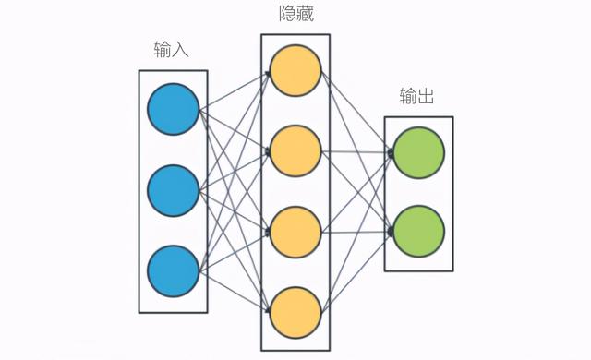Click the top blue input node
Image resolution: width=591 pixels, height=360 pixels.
[x=173, y=110]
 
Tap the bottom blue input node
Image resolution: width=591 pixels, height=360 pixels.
[x=173, y=271]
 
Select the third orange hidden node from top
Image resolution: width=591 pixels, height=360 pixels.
[x=295, y=232]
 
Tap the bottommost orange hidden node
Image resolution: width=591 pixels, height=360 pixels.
[x=295, y=312]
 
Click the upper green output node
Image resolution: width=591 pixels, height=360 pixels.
[x=419, y=152]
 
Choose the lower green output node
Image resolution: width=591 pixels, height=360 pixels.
[x=419, y=231]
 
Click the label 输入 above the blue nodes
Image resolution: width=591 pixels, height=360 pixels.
[x=172, y=49]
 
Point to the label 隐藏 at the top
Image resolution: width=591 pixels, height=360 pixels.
[x=295, y=15]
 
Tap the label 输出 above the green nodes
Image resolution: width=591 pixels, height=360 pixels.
[x=418, y=97]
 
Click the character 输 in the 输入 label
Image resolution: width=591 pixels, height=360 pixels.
[x=163, y=49]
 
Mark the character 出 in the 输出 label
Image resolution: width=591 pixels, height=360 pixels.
[x=428, y=97]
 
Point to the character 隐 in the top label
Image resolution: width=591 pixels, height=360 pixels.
[x=284, y=15]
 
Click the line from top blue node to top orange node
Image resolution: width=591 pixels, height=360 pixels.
[x=235, y=90]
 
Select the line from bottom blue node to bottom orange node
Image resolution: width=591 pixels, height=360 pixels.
[x=235, y=292]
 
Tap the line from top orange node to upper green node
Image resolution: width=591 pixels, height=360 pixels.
[x=357, y=112]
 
